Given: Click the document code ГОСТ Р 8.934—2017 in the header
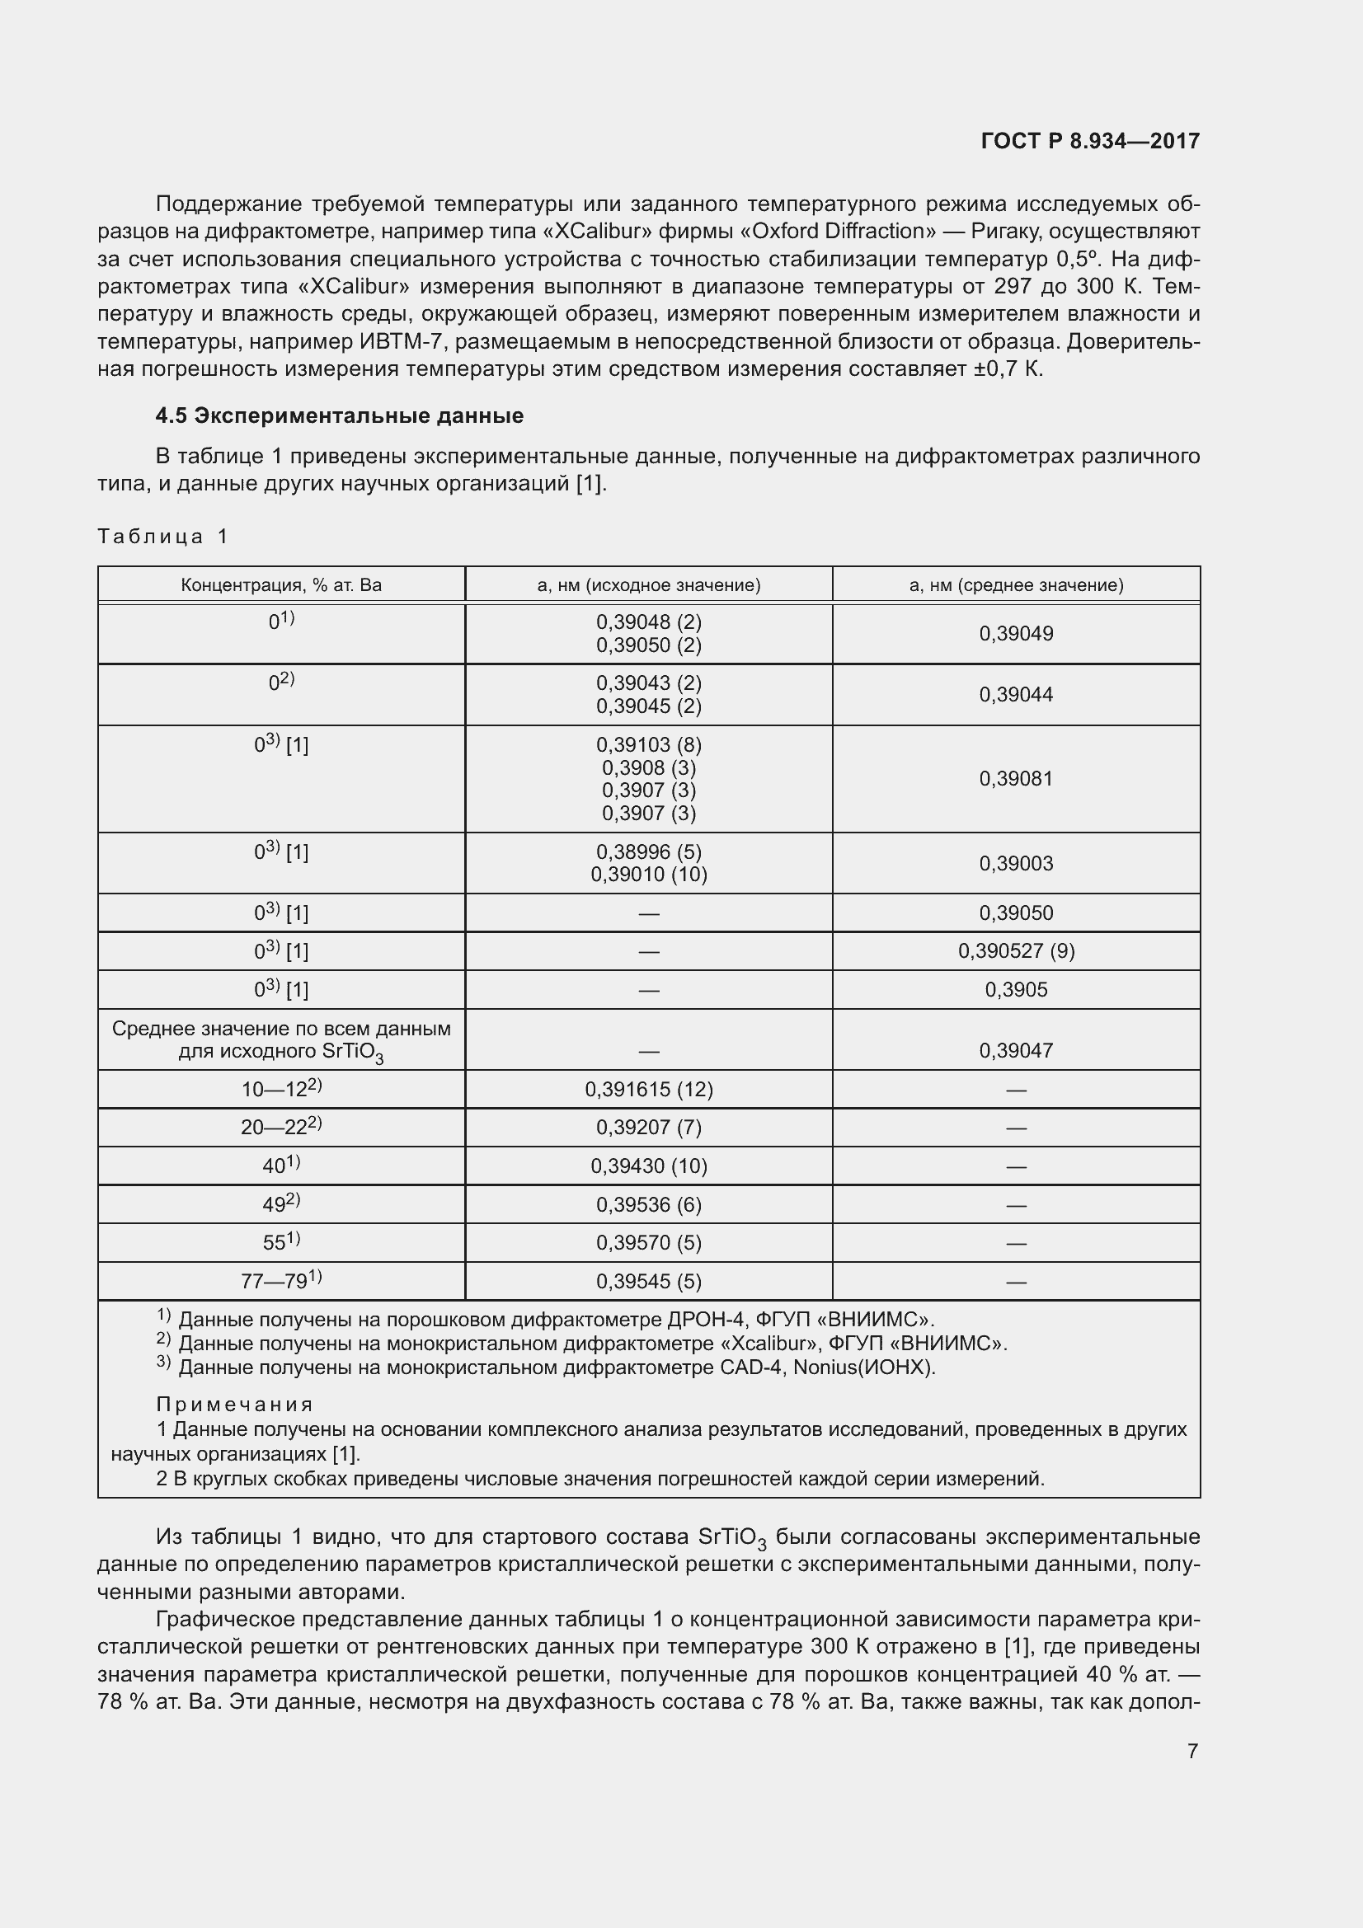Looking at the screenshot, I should pyautogui.click(x=1089, y=141).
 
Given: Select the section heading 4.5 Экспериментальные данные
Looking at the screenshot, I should pyautogui.click(x=339, y=415).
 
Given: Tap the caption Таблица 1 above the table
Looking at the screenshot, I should pyautogui.click(x=163, y=537).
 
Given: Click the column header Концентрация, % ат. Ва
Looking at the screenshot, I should pyautogui.click(x=281, y=585).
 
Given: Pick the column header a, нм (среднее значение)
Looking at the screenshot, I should pyautogui.click(x=1016, y=585).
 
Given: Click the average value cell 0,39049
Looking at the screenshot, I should pyautogui.click(x=1016, y=634).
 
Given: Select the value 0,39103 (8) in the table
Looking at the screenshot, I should pyautogui.click(x=648, y=745).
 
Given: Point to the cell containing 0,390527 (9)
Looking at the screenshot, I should pyautogui.click(x=1016, y=950).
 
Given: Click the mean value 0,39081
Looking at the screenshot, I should pyautogui.click(x=1016, y=778).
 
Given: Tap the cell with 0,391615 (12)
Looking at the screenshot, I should pyautogui.click(x=648, y=1089).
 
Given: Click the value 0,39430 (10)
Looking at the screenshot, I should pyautogui.click(x=648, y=1166).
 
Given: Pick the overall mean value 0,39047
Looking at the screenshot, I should pyautogui.click(x=1016, y=1050).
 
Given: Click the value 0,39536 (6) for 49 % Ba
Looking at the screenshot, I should pyautogui.click(x=648, y=1205).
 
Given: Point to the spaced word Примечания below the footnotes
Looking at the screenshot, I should pyautogui.click(x=234, y=1405).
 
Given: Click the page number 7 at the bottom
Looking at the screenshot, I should pyautogui.click(x=1192, y=1751).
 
